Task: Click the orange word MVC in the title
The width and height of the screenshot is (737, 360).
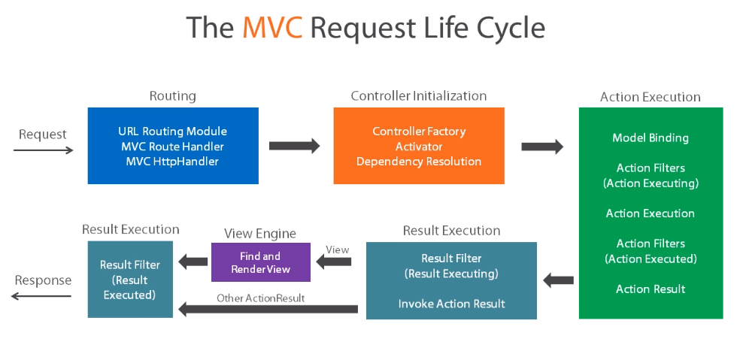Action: (271, 28)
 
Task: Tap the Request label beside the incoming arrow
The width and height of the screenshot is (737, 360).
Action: (43, 135)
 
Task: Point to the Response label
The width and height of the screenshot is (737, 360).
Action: (43, 280)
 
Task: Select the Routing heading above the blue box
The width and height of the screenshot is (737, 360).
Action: (172, 96)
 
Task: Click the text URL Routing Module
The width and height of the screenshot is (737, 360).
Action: (172, 132)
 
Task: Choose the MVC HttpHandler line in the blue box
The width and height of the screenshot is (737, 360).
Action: (172, 161)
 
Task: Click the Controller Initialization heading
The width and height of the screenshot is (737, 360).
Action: (418, 96)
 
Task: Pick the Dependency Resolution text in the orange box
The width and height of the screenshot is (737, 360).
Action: (419, 161)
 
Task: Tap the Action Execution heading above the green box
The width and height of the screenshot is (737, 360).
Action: (650, 97)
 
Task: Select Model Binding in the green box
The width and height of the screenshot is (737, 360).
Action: (651, 138)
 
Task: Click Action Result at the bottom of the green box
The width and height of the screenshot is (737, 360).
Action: (651, 289)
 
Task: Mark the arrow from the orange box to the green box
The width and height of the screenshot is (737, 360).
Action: (541, 147)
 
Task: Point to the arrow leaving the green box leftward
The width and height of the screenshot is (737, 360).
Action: (558, 281)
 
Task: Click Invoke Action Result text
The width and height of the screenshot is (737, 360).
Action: (451, 304)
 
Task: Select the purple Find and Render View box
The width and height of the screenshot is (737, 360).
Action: (260, 262)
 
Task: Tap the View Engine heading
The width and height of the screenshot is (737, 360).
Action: (260, 234)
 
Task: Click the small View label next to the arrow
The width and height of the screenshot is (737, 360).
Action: (337, 250)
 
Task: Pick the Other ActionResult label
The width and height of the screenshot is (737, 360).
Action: (260, 298)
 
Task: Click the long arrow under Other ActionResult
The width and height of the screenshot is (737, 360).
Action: (268, 308)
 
